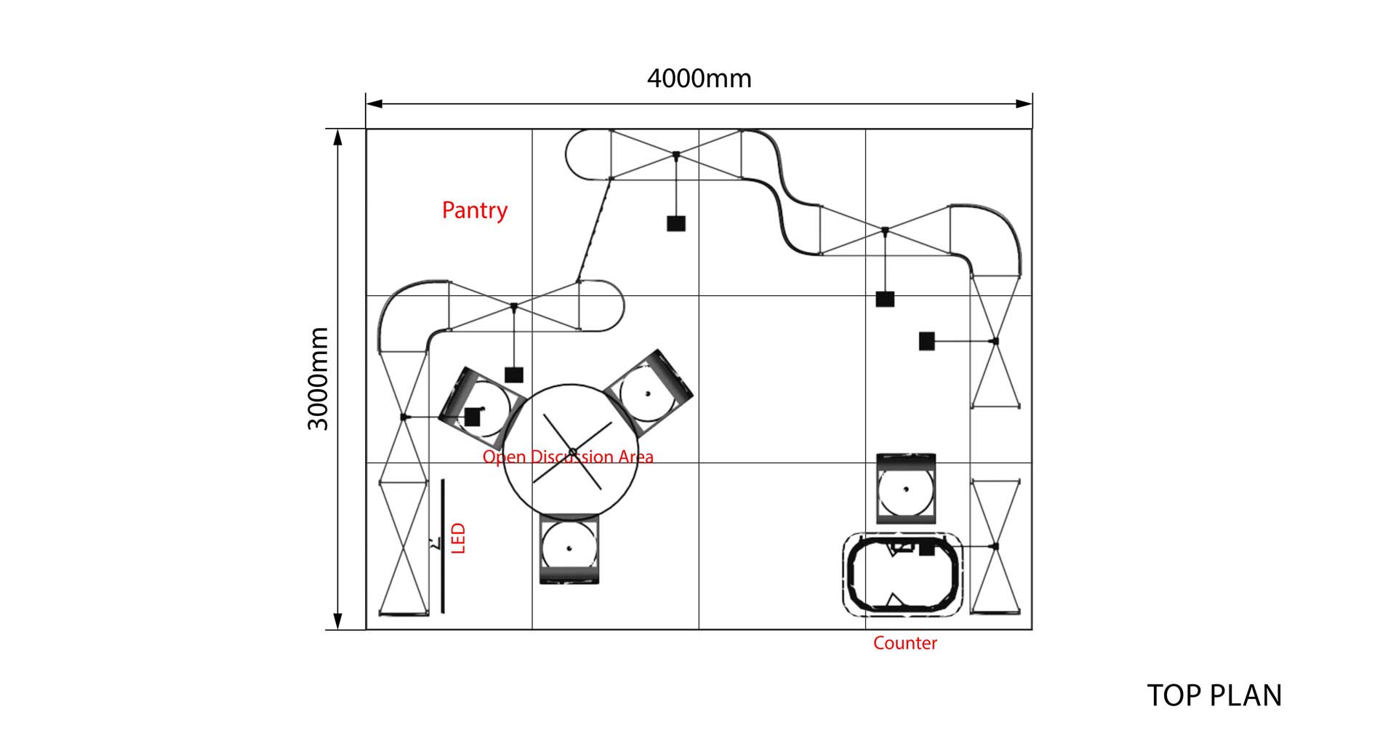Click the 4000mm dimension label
coord(699,79)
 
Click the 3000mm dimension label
coord(318,378)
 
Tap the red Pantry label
coord(474,210)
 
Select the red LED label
coord(458,538)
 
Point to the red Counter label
coord(904,643)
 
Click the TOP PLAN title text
coord(1214,695)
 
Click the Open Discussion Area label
coord(568,457)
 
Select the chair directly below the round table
coord(569,549)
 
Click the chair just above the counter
coord(905,489)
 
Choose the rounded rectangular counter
coord(902,575)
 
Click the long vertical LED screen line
coord(443,545)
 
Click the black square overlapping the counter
coord(926,548)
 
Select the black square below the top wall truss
coord(676,223)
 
